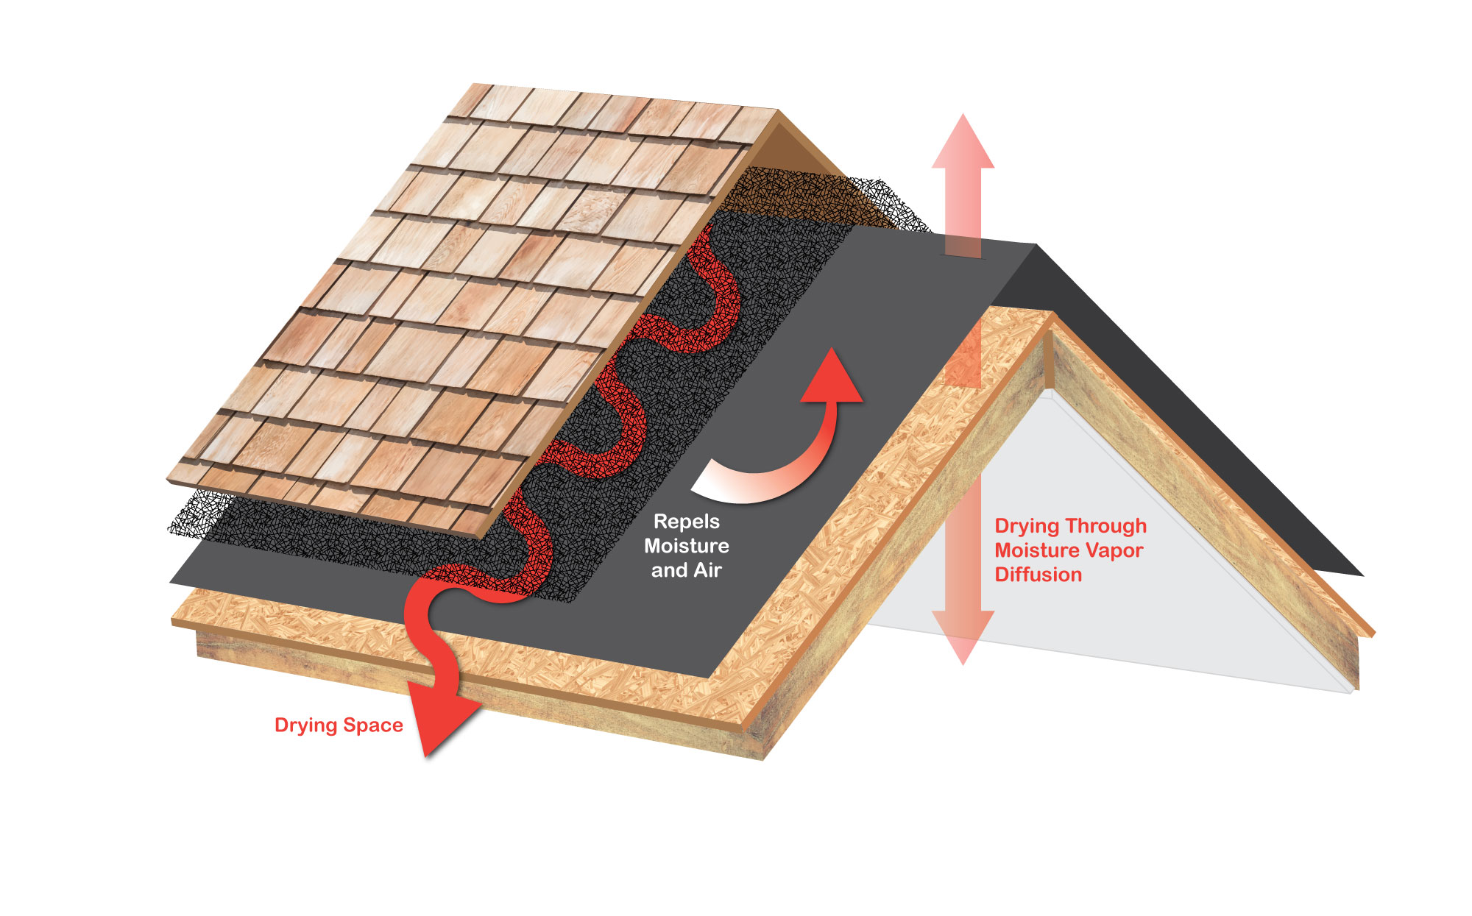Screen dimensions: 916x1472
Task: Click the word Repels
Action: click(x=686, y=522)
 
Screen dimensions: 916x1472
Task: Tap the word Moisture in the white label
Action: click(x=686, y=546)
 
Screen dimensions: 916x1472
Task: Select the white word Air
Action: click(x=707, y=570)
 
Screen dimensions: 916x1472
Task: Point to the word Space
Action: click(x=373, y=725)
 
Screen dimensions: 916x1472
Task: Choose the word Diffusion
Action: click(x=1038, y=575)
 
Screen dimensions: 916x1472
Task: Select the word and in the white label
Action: click(x=668, y=570)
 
